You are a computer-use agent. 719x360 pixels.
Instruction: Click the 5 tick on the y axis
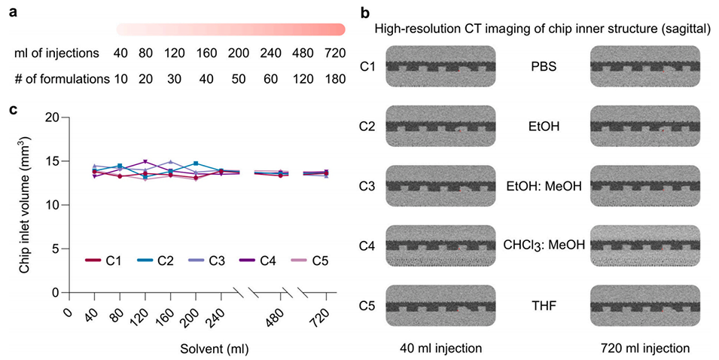coord(54,249)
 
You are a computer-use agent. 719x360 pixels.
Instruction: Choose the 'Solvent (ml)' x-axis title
coord(214,349)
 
